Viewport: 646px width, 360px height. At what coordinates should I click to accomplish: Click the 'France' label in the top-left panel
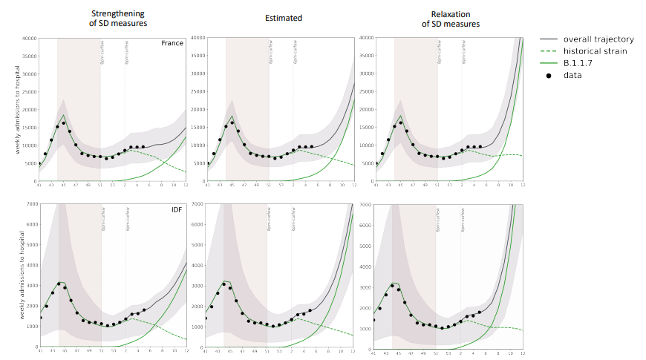[x=172, y=43]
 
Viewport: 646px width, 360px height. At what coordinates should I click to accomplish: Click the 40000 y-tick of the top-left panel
[x=28, y=38]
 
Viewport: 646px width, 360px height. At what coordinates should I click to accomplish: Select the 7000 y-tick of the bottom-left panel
[x=30, y=204]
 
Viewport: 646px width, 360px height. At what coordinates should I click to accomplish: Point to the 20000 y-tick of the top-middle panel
[x=196, y=109]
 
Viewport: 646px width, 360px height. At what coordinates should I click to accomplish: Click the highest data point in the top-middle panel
[x=232, y=122]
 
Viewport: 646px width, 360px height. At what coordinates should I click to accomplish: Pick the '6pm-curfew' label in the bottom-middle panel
[x=293, y=220]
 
